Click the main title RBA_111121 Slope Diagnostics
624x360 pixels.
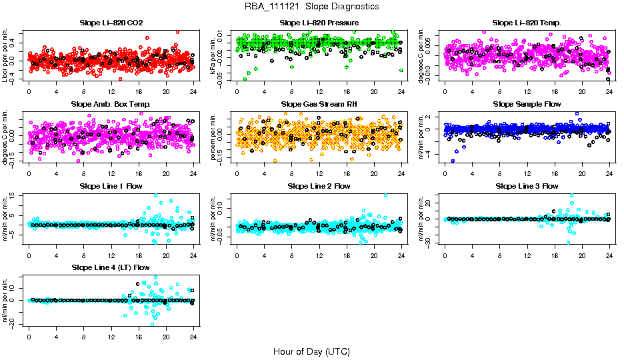point(311,6)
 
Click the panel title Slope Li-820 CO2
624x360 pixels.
point(111,23)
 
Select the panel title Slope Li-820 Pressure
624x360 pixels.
point(319,23)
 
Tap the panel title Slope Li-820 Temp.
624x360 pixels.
point(527,23)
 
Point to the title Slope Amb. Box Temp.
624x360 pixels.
point(111,105)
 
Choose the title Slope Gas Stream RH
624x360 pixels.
point(319,105)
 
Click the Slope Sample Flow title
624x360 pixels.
point(527,105)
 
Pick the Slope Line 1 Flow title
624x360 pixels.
point(111,186)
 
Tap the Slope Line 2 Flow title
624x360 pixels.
point(319,186)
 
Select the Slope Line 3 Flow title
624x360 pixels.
point(527,186)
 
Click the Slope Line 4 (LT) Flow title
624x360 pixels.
point(111,267)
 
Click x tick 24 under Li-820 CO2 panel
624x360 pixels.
point(193,91)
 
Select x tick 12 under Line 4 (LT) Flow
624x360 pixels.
point(111,335)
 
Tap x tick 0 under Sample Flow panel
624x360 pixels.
point(445,172)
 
